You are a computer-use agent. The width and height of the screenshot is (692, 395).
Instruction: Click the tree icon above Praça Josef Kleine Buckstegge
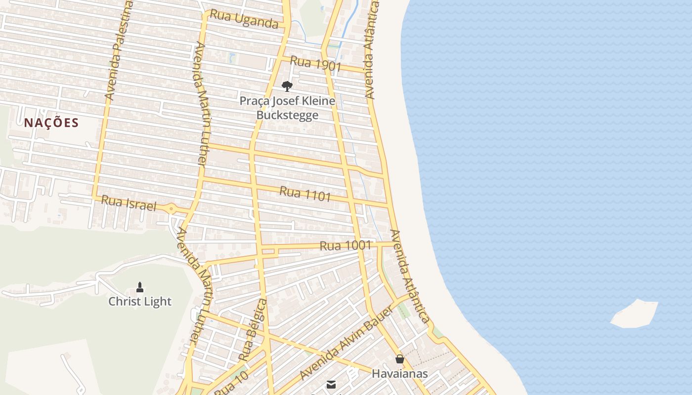(x=287, y=86)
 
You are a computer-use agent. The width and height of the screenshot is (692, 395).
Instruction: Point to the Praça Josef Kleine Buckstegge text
(x=287, y=108)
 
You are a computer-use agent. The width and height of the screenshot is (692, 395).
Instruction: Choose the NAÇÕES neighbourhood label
(x=51, y=122)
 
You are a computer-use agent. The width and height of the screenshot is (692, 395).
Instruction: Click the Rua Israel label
(x=129, y=203)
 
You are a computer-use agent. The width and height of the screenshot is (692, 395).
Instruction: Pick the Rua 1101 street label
(x=305, y=194)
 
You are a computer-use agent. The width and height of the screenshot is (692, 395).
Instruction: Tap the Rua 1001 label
(x=345, y=245)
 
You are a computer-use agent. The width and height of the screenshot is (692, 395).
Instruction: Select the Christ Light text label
(x=140, y=301)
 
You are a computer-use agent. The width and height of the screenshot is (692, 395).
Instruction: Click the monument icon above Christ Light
(x=140, y=287)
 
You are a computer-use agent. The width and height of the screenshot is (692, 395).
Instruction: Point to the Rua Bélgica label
(x=253, y=330)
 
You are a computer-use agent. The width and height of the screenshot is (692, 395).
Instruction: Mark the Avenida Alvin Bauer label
(x=346, y=343)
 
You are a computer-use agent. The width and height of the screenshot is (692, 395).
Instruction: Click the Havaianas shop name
(x=399, y=374)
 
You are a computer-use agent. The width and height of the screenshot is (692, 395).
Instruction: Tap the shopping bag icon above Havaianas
(x=399, y=359)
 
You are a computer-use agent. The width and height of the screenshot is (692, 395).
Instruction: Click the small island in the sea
(x=635, y=313)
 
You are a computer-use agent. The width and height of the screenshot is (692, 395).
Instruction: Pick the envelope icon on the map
(x=331, y=384)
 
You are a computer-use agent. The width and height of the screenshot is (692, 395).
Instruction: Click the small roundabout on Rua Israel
(x=172, y=209)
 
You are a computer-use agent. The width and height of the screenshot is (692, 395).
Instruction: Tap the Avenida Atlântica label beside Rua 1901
(x=371, y=49)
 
